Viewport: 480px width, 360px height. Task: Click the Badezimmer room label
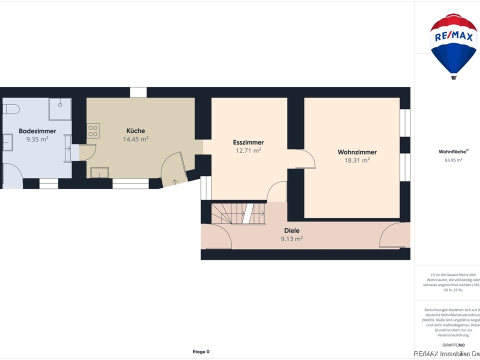coord(37,131)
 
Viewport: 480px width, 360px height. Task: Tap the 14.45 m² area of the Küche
coord(135,139)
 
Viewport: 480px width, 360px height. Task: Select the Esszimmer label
coord(248,142)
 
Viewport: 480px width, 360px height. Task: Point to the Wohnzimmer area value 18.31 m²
coord(357,160)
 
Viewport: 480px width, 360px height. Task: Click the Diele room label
coord(291,231)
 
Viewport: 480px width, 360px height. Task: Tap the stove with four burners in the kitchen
coord(93,130)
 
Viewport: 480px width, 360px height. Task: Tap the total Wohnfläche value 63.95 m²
coord(453,160)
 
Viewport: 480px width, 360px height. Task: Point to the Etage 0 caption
coord(201,351)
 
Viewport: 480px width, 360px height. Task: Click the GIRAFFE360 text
coord(453,345)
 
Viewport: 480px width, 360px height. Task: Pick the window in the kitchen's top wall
coord(138,92)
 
